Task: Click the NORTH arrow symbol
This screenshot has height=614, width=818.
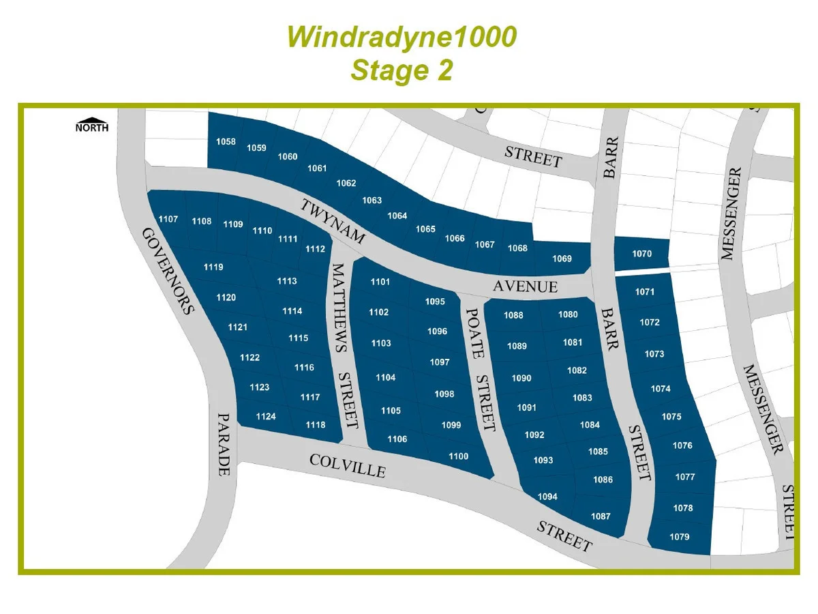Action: pos(91,125)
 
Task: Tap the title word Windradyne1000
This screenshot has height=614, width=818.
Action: pos(402,38)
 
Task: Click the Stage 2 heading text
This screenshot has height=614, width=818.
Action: pos(402,70)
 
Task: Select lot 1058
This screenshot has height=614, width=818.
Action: pos(226,142)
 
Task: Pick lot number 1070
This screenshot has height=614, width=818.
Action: pos(641,254)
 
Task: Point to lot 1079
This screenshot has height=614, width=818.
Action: pos(679,537)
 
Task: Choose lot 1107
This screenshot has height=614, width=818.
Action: pos(168,219)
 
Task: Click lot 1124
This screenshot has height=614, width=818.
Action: pos(266,416)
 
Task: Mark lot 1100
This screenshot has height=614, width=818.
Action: pos(458,456)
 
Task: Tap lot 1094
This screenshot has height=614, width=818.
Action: pos(547,497)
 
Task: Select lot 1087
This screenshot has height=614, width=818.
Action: pos(601,516)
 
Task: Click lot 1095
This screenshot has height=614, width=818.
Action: pos(435,302)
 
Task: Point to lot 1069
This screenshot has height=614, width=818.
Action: pos(562,259)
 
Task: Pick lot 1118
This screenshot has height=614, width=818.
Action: pos(316,425)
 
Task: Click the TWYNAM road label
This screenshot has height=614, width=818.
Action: pos(333,222)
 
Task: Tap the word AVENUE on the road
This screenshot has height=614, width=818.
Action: pos(525,287)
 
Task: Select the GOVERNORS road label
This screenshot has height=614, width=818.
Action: pos(168,270)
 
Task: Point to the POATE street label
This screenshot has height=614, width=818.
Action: pos(474,333)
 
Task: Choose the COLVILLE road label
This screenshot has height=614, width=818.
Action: pos(348,465)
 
